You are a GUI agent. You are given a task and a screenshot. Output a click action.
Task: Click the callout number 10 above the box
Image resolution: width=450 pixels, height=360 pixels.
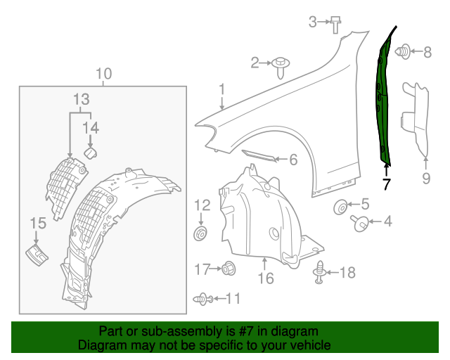point(103,74)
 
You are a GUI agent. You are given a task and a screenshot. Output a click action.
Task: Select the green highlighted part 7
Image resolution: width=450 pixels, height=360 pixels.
point(382,98)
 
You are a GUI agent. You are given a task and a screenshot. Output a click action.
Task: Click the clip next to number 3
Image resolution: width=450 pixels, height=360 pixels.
point(335,25)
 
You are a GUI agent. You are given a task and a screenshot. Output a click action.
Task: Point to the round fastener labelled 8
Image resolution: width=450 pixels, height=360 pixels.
point(404,51)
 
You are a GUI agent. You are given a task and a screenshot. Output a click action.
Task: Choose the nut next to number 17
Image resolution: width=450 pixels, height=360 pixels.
point(228,268)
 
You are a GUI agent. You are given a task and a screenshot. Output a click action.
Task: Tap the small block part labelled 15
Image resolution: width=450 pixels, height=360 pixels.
point(36,255)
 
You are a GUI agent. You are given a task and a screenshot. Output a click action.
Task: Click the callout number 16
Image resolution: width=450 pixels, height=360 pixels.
point(265,279)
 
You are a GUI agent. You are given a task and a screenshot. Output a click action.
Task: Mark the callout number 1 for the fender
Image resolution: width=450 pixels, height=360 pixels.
point(221,89)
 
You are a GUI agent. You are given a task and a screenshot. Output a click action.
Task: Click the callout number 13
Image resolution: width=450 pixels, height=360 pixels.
point(81,99)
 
